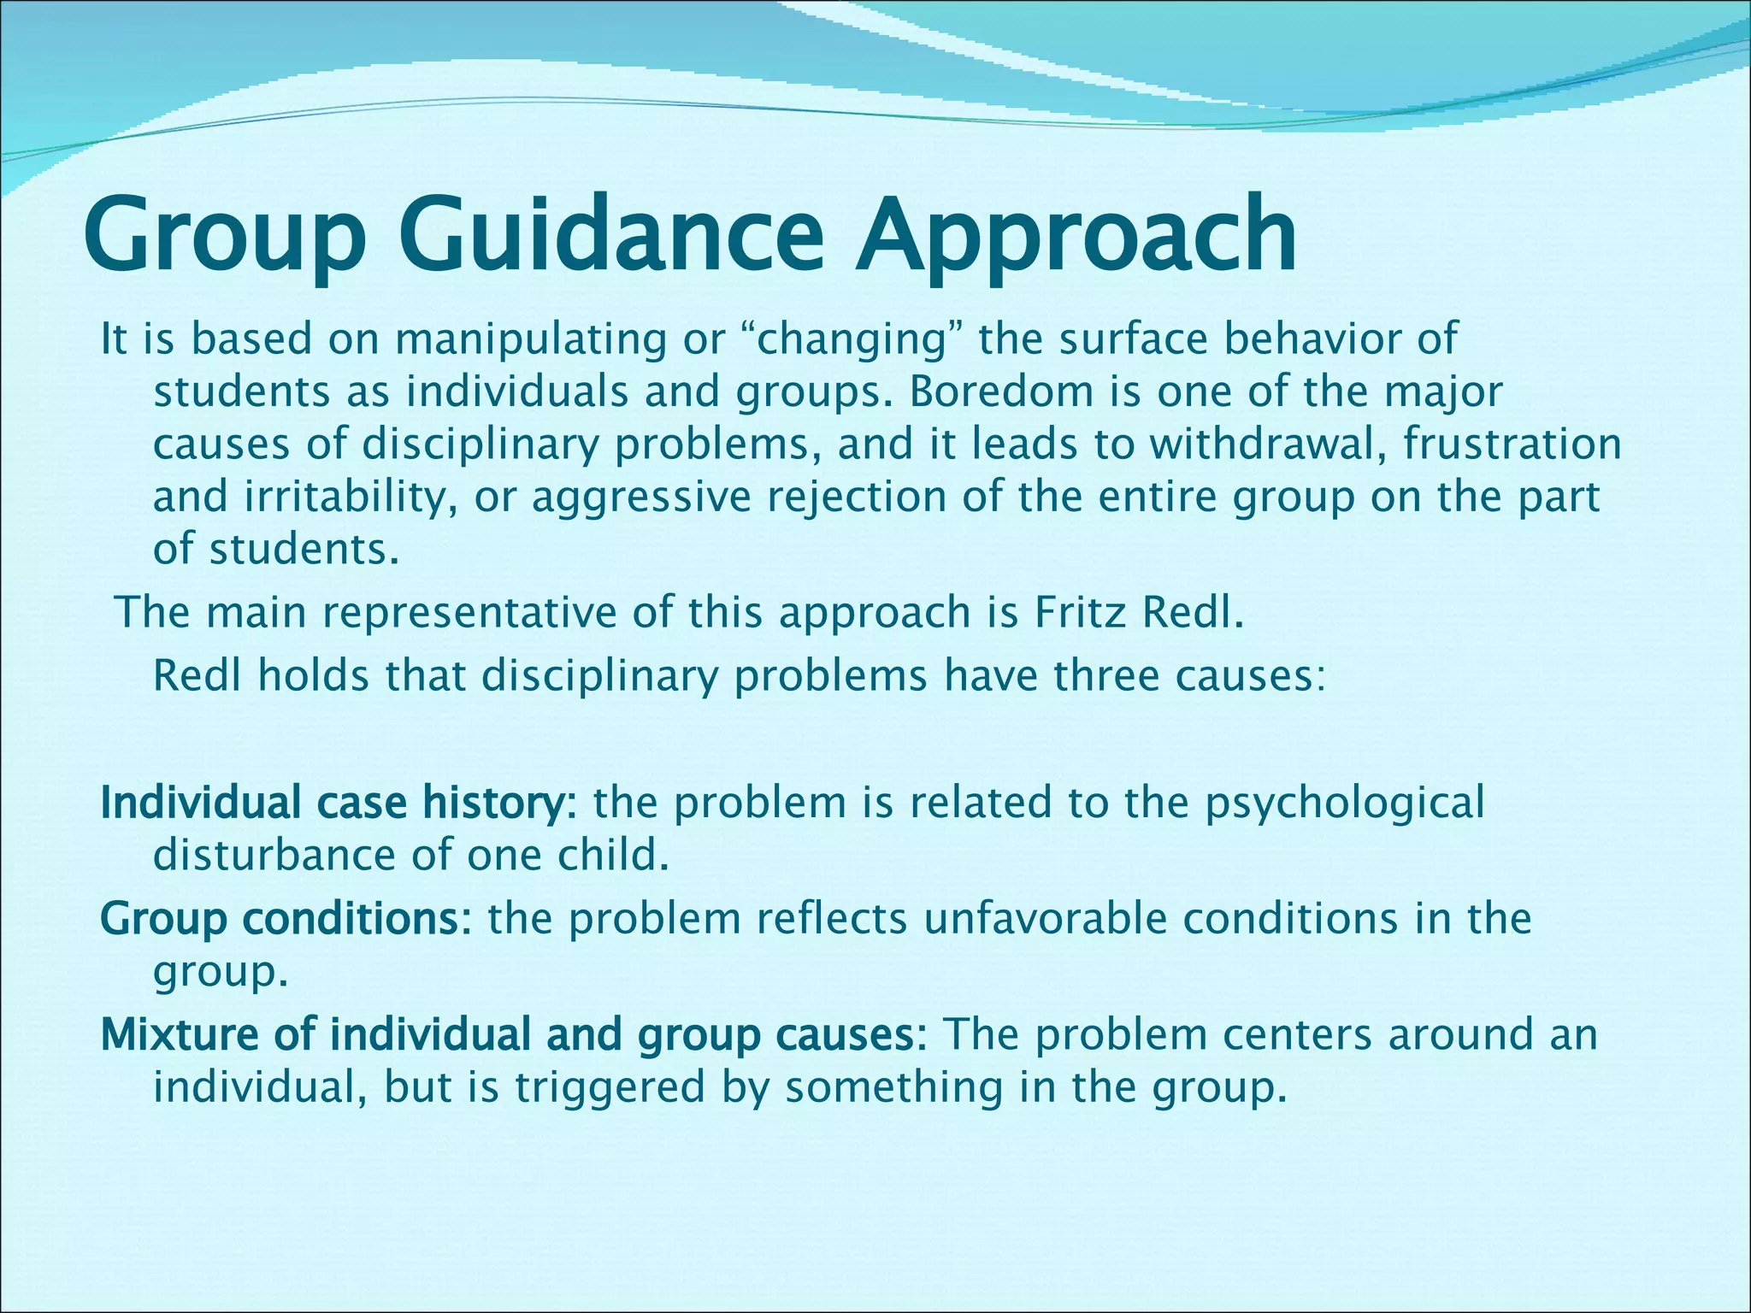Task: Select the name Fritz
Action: (x=1079, y=612)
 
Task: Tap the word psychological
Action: (x=1344, y=804)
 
